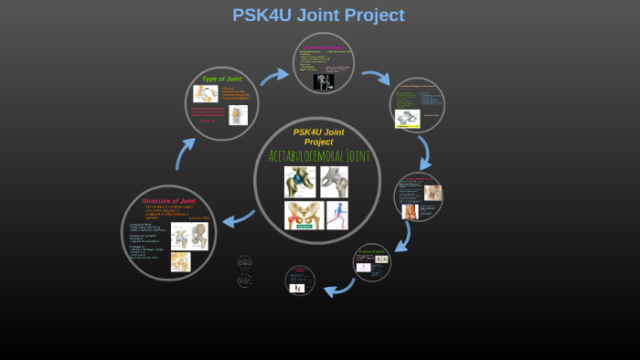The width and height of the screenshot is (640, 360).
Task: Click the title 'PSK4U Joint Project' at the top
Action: click(x=318, y=16)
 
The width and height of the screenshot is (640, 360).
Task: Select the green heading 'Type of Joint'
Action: click(x=221, y=79)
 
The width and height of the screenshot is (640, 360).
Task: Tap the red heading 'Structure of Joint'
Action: click(x=168, y=201)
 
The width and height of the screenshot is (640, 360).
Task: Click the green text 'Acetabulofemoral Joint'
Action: click(x=318, y=156)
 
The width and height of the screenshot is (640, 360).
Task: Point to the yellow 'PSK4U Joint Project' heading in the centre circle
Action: click(x=318, y=136)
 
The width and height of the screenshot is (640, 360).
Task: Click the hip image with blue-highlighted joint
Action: click(x=299, y=182)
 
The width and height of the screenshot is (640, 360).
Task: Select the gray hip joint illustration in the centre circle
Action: click(x=334, y=182)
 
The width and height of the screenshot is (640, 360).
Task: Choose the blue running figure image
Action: click(x=337, y=215)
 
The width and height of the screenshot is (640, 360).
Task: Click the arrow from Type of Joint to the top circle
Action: click(x=273, y=76)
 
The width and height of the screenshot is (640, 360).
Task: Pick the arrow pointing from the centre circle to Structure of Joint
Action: click(x=239, y=218)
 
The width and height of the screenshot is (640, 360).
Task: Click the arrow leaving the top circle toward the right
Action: click(x=375, y=77)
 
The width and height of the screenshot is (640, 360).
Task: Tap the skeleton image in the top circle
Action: click(x=324, y=81)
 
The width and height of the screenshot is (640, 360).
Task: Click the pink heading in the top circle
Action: click(x=324, y=47)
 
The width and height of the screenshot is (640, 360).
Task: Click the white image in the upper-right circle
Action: click(x=407, y=119)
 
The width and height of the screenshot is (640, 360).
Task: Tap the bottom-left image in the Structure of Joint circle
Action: click(x=180, y=262)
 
